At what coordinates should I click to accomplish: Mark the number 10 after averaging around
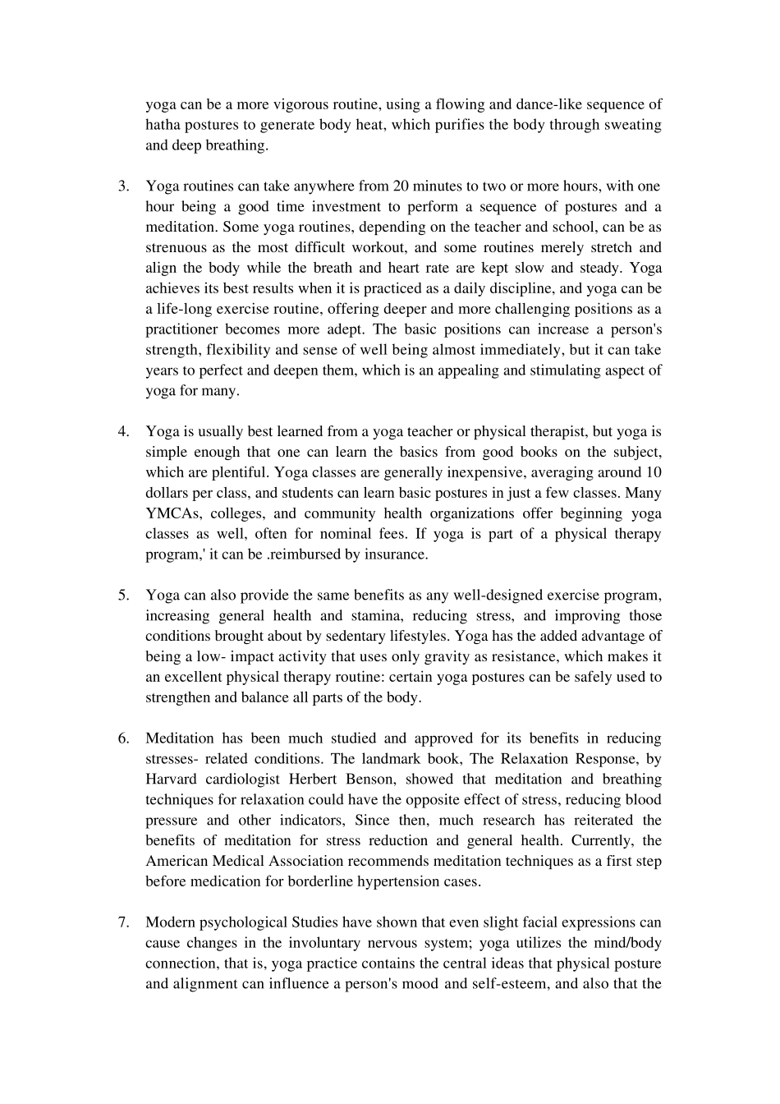click(654, 473)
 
